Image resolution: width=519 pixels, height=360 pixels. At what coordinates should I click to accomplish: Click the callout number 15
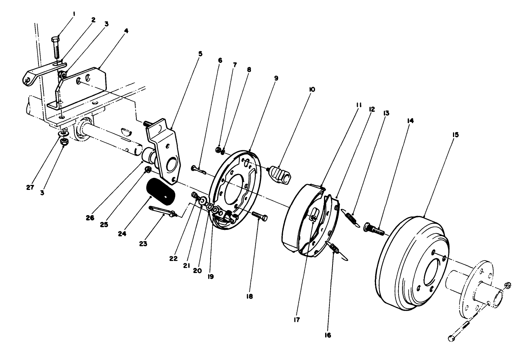455,135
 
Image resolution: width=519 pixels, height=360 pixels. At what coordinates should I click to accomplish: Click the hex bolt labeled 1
56,48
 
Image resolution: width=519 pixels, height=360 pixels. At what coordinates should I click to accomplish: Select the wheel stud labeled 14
374,229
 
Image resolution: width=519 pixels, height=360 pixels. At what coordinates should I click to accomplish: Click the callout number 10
312,89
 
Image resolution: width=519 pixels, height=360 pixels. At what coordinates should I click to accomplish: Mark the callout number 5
200,54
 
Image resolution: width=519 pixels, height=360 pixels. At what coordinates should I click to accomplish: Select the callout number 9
276,78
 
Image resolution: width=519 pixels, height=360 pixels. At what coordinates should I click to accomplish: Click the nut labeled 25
148,169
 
